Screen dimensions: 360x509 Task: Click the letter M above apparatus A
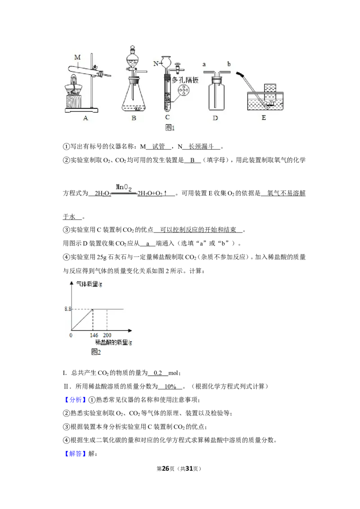click(x=77, y=58)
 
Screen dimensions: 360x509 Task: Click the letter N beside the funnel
click(x=156, y=64)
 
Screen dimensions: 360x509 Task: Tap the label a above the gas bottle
click(x=204, y=64)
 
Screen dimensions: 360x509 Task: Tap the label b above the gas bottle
click(x=229, y=64)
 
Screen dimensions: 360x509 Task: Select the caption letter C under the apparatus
click(x=167, y=117)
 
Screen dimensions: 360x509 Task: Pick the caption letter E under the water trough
click(x=264, y=117)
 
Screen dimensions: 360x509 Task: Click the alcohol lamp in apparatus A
click(x=74, y=85)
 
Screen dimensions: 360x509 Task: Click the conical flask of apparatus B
click(x=134, y=96)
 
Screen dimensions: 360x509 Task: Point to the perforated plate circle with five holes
click(x=184, y=90)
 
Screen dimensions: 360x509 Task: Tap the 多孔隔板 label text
click(x=185, y=80)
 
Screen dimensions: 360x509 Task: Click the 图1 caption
click(x=170, y=128)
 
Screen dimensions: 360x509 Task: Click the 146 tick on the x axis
click(x=94, y=335)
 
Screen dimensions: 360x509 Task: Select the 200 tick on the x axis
click(x=107, y=335)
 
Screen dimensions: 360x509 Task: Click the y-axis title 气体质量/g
click(x=89, y=284)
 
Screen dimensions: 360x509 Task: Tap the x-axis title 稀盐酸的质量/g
click(x=113, y=342)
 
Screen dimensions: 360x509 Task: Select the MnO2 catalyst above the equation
click(x=124, y=188)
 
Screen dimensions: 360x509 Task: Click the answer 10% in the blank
click(x=170, y=386)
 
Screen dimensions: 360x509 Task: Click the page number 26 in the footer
click(x=166, y=469)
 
